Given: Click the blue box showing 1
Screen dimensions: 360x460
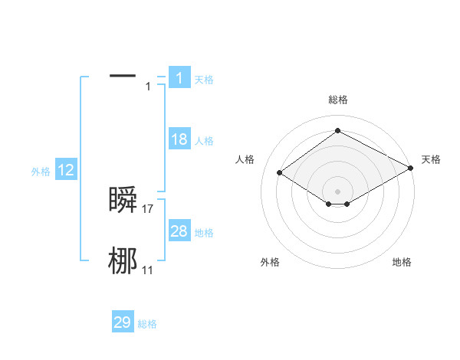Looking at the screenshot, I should pyautogui.click(x=179, y=77).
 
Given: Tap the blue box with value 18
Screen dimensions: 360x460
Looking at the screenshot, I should pyautogui.click(x=179, y=139).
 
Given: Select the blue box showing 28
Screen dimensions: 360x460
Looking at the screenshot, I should pyautogui.click(x=179, y=231).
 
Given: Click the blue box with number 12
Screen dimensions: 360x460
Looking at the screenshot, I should pyautogui.click(x=66, y=170).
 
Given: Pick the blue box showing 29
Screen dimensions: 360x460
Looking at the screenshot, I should pyautogui.click(x=122, y=322).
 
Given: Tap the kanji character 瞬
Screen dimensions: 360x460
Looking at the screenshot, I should pyautogui.click(x=123, y=199).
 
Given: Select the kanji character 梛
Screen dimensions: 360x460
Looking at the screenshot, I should pyautogui.click(x=123, y=260).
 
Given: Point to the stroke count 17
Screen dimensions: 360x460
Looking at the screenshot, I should pyautogui.click(x=148, y=208).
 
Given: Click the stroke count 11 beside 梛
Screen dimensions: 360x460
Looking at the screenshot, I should pyautogui.click(x=148, y=270).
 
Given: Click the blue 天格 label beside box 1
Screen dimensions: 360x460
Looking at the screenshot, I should pyautogui.click(x=204, y=80).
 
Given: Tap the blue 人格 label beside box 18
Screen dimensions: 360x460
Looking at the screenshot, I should pyautogui.click(x=204, y=141).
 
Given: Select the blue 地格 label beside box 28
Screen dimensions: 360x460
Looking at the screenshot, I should pyautogui.click(x=204, y=233).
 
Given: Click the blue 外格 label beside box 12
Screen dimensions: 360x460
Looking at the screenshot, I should pyautogui.click(x=41, y=172).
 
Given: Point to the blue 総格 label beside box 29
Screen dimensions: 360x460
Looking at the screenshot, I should pyautogui.click(x=147, y=324).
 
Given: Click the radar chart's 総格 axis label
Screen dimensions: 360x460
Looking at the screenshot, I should pyautogui.click(x=337, y=100).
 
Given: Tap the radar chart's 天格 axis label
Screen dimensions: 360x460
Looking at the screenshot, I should pyautogui.click(x=432, y=159).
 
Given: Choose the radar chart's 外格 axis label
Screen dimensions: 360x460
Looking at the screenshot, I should pyautogui.click(x=270, y=262).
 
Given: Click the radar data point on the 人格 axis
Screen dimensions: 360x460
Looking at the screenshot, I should pyautogui.click(x=280, y=173).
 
